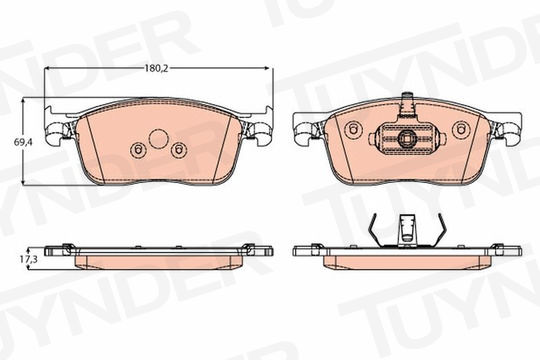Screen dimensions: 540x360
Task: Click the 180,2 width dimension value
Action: point(156,68)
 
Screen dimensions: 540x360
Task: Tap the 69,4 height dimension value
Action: point(23,142)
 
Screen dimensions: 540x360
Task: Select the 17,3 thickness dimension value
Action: point(29,259)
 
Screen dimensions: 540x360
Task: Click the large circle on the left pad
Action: point(158,139)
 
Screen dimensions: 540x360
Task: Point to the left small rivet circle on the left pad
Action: point(138,150)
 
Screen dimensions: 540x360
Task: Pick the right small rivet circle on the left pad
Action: point(179,150)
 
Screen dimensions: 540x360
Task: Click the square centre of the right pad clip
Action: point(407,139)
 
